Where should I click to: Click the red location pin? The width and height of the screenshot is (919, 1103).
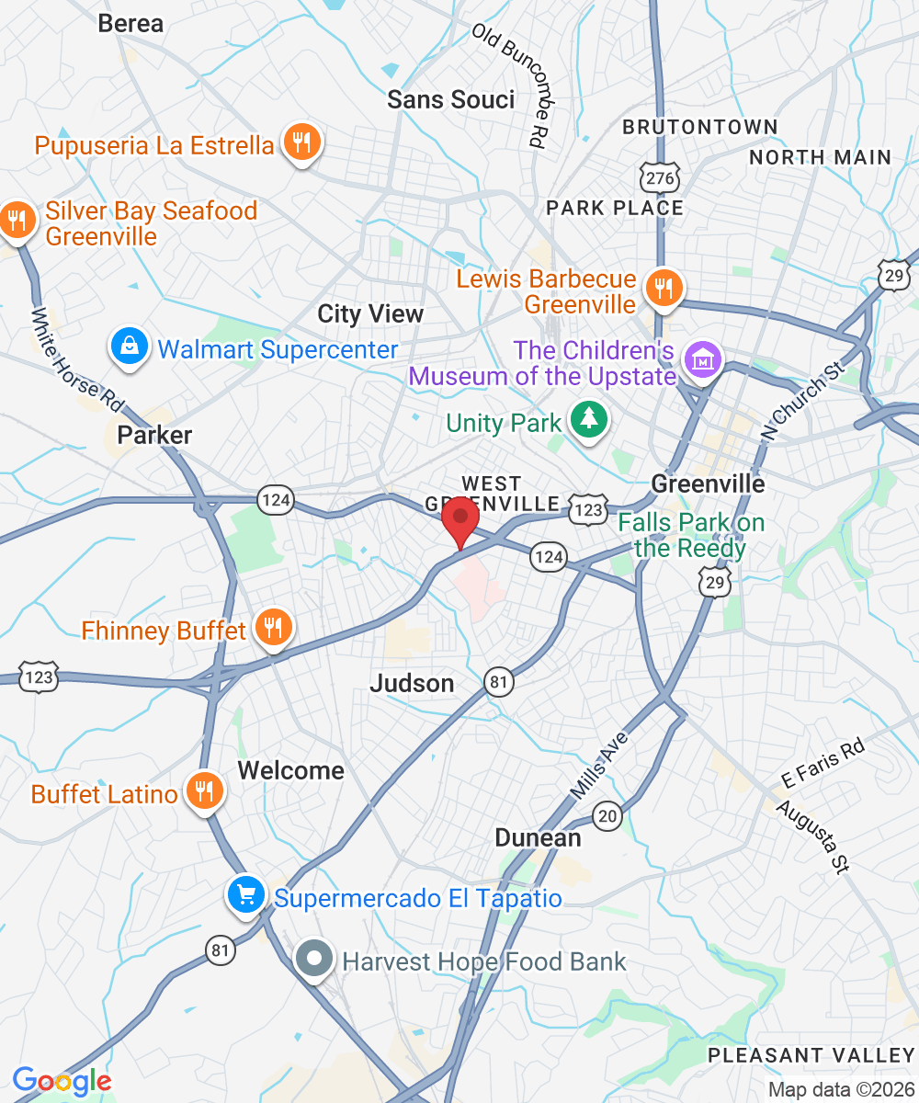click(x=459, y=519)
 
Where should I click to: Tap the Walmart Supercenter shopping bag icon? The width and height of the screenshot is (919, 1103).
click(x=130, y=347)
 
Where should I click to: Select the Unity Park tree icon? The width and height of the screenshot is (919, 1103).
click(x=588, y=421)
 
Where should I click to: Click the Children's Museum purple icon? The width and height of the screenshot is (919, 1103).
click(x=703, y=360)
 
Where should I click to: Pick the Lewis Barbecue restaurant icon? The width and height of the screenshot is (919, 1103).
click(x=660, y=287)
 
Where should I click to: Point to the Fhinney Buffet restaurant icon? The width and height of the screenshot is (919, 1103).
click(x=272, y=628)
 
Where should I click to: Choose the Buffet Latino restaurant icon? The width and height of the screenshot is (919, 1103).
click(x=203, y=790)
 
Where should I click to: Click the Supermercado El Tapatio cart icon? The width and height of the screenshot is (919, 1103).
click(x=245, y=894)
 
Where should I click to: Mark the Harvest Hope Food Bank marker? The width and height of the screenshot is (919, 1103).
click(x=314, y=959)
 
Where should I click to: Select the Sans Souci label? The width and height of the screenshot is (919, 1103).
click(x=450, y=99)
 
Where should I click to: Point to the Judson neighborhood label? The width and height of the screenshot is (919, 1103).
click(x=412, y=683)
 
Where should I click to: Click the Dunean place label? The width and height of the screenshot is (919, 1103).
click(x=538, y=837)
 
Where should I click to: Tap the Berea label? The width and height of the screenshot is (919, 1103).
click(x=130, y=24)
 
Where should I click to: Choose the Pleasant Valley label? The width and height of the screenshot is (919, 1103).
click(x=811, y=1055)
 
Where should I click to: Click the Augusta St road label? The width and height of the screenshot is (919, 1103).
click(x=812, y=836)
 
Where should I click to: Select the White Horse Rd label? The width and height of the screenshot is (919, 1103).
click(x=77, y=358)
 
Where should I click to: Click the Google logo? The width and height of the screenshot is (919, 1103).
click(x=62, y=1081)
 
